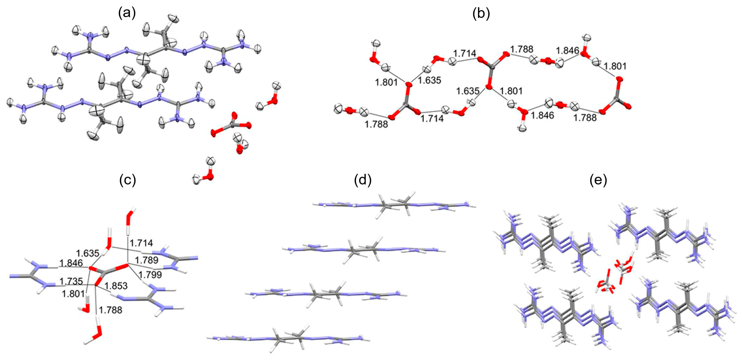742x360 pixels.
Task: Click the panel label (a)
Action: [x=127, y=13]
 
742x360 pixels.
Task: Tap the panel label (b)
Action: [x=481, y=13]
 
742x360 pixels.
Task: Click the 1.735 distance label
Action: [x=71, y=281]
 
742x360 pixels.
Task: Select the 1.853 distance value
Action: [x=116, y=286]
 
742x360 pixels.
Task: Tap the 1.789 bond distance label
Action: [x=147, y=260]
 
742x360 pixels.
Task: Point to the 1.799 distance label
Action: [x=150, y=274]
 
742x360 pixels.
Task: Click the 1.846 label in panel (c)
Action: [x=71, y=263]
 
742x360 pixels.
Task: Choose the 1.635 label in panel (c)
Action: [x=88, y=253]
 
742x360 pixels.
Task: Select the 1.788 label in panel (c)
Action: [x=111, y=310]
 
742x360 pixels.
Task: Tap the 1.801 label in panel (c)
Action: [x=73, y=294]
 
